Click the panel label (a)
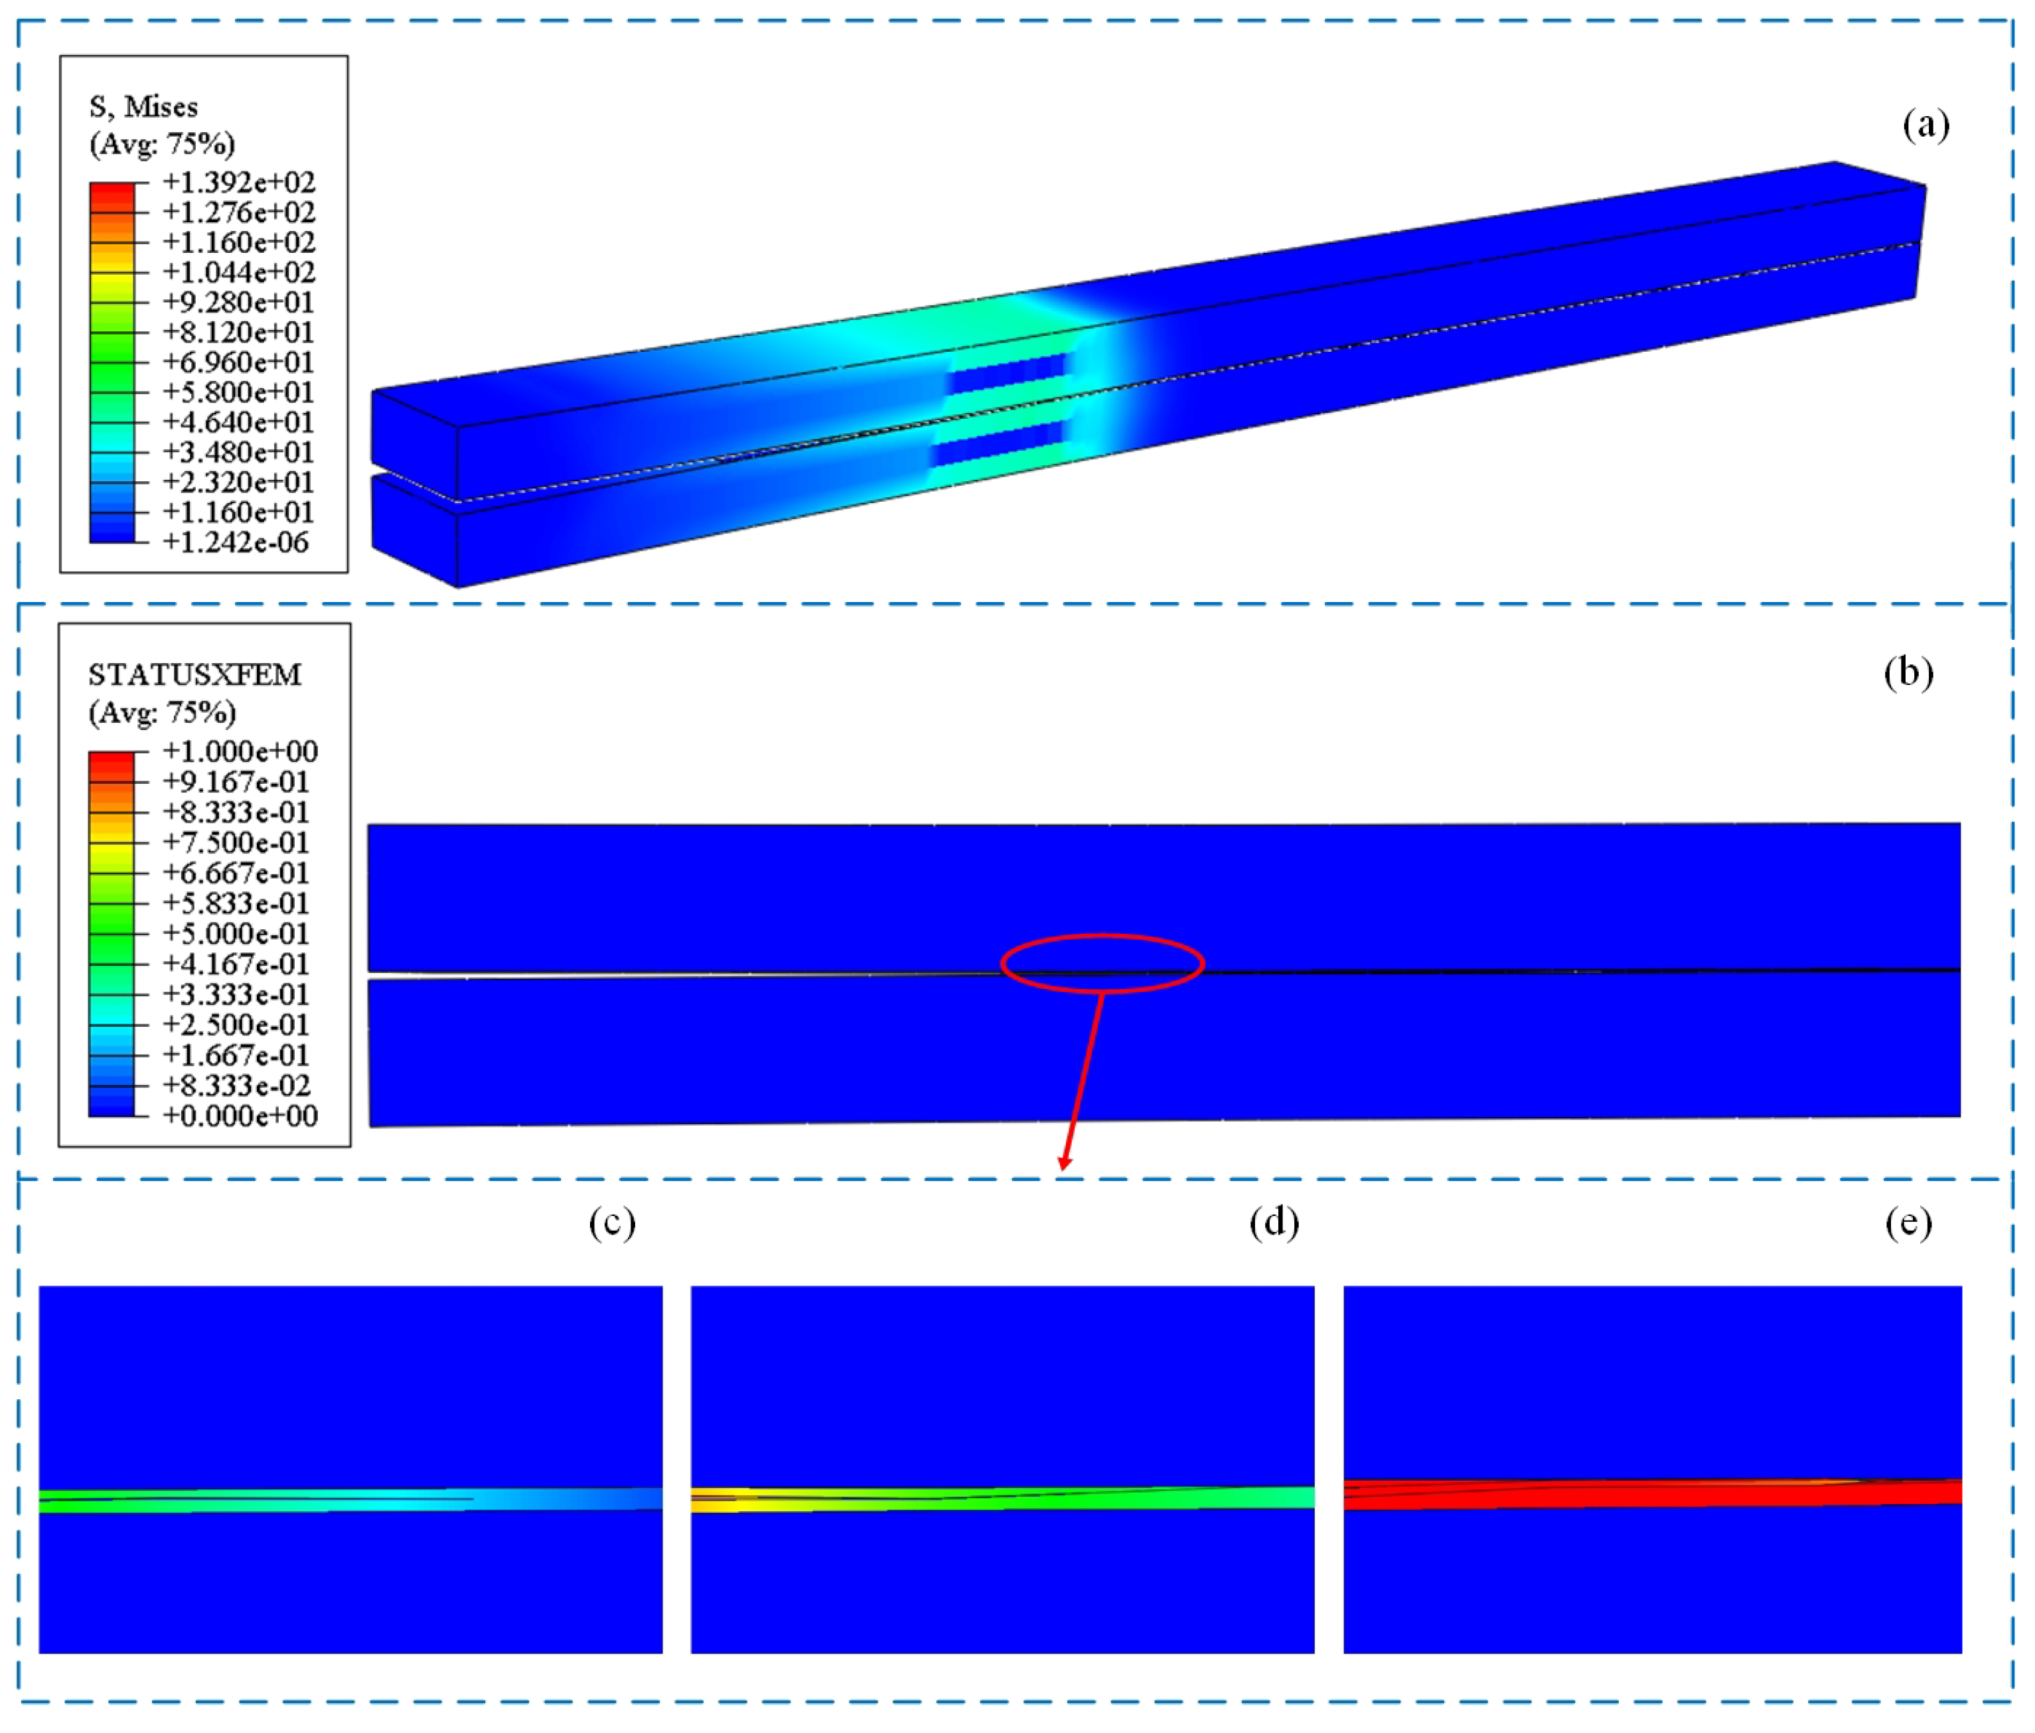pyautogui.click(x=1926, y=125)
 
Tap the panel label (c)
pyautogui.click(x=612, y=1223)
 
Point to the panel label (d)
pyautogui.click(x=1274, y=1223)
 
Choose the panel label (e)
pyautogui.click(x=1908, y=1223)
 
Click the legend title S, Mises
pyautogui.click(x=143, y=107)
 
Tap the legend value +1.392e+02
pyautogui.click(x=239, y=183)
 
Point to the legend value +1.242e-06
pyautogui.click(x=236, y=542)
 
